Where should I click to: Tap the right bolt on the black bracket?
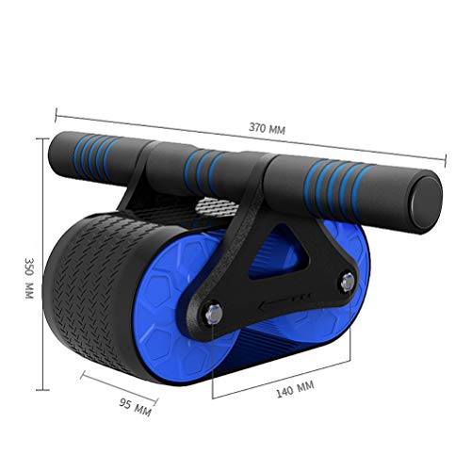click(347, 281)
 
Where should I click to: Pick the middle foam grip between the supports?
click(208, 168)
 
